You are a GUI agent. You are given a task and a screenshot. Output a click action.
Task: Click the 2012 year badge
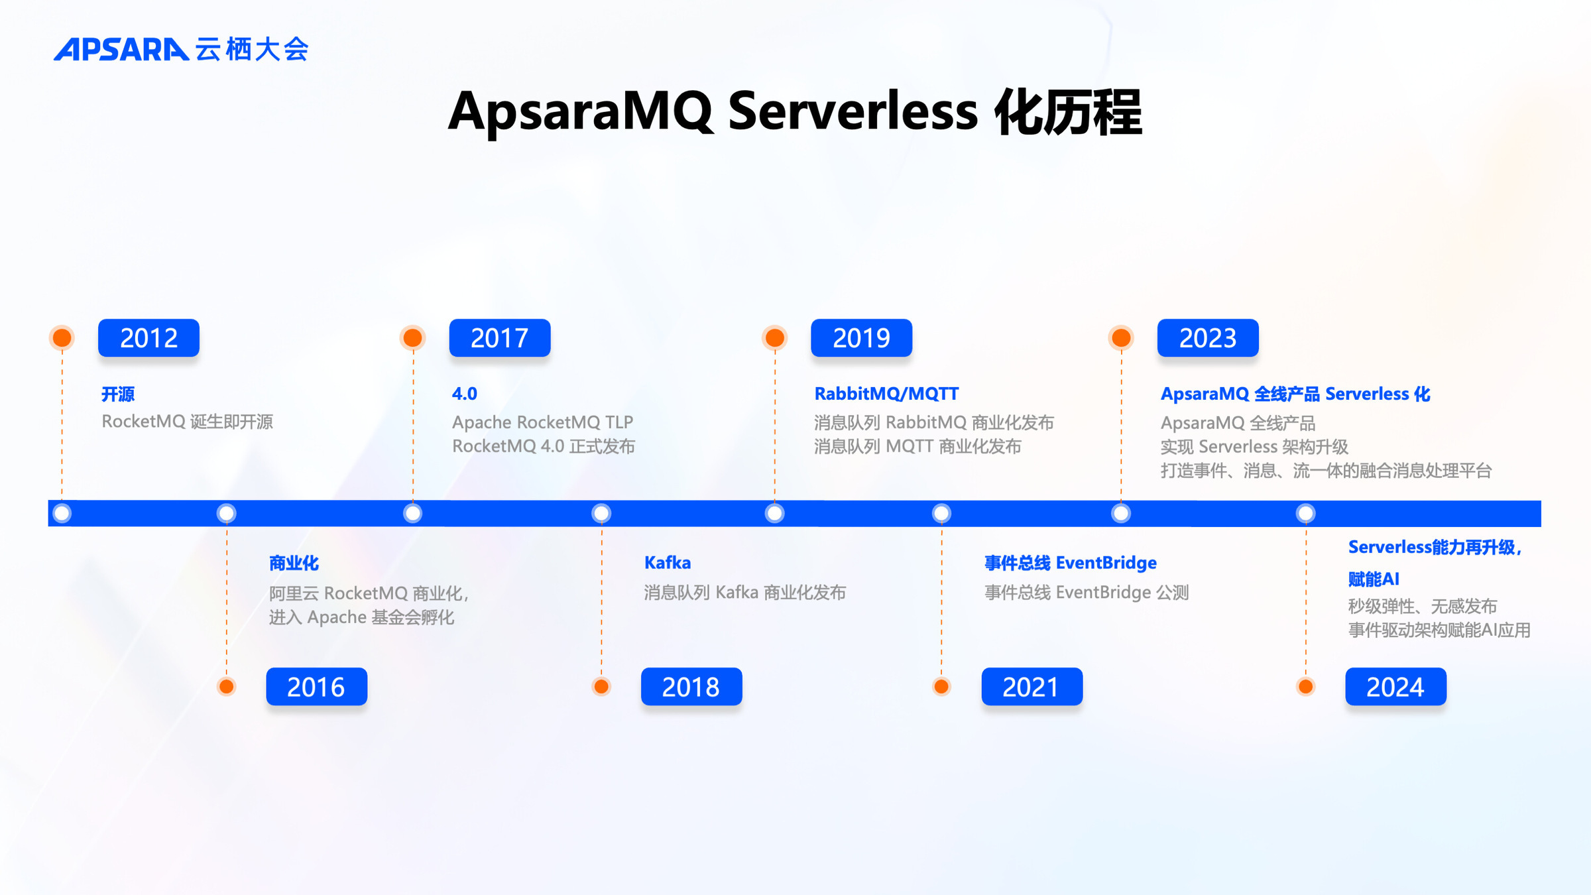148,338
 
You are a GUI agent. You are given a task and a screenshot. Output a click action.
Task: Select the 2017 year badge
500,338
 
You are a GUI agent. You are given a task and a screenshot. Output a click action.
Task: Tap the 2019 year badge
861,338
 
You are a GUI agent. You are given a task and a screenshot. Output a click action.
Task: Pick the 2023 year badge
1208,338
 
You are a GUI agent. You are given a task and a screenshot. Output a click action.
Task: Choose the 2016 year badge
316,687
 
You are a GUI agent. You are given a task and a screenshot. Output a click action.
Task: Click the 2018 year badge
691,687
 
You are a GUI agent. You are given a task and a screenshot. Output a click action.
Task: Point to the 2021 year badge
1031,687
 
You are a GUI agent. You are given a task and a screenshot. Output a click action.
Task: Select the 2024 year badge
1395,687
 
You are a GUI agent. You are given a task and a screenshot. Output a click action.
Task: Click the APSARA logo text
121,50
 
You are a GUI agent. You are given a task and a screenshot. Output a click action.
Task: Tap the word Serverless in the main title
853,111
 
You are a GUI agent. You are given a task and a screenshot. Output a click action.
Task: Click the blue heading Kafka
668,563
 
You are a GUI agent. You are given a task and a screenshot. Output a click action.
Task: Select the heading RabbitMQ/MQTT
886,394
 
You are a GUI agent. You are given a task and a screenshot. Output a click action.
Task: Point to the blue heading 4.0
464,394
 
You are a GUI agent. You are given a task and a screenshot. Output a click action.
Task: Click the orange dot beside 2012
62,337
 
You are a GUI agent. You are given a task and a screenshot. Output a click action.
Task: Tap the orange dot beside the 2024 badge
1306,686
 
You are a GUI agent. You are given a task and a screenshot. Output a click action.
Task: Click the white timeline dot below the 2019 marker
774,513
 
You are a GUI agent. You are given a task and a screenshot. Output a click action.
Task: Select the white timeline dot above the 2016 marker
226,513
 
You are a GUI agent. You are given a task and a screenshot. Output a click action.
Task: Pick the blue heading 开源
118,394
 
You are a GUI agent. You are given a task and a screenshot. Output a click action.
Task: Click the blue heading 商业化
294,563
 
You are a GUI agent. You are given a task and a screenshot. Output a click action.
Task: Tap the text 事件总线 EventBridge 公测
1087,592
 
